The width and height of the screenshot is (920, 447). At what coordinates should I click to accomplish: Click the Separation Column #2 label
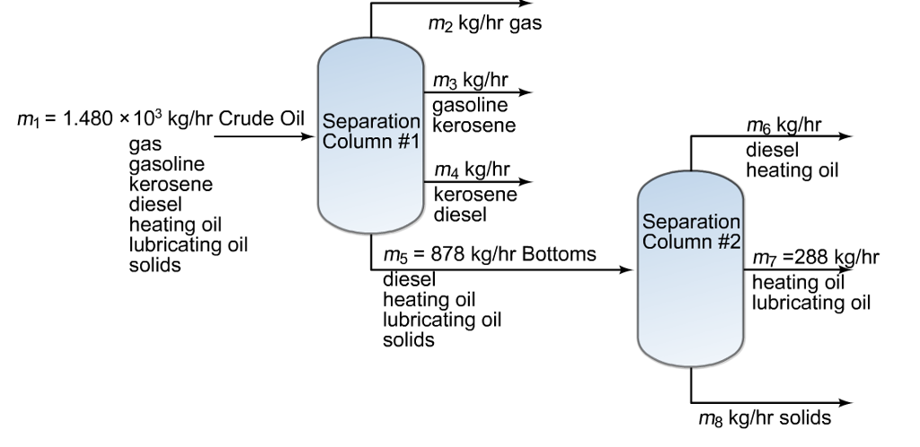click(692, 231)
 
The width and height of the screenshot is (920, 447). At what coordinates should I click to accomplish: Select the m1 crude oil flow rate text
click(160, 119)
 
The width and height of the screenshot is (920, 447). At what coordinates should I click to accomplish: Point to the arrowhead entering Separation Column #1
click(311, 137)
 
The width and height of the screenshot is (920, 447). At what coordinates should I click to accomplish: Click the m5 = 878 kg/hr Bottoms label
click(489, 254)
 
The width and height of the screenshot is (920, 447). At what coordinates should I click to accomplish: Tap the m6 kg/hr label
click(783, 124)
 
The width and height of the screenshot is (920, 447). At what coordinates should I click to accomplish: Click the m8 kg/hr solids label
click(764, 418)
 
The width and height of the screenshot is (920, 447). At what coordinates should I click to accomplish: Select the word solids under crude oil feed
click(155, 266)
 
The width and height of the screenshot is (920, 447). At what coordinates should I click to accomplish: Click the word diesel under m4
click(460, 215)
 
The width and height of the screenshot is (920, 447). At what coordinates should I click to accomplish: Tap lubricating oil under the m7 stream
click(810, 302)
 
